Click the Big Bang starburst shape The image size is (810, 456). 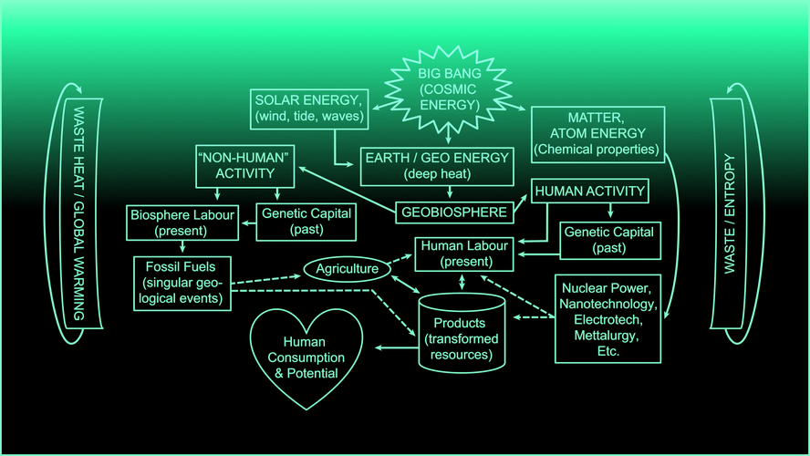[x=449, y=89]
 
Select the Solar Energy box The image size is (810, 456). [x=309, y=109]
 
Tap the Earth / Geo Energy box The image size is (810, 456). [x=437, y=166]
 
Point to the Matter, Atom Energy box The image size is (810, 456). [x=597, y=134]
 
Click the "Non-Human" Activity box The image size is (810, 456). [x=244, y=166]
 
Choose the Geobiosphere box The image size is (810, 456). [x=454, y=212]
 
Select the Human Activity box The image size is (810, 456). [x=590, y=192]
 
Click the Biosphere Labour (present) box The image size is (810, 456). [x=182, y=223]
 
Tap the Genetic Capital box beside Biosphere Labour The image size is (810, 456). [x=306, y=222]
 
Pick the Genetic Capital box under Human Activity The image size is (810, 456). [x=610, y=240]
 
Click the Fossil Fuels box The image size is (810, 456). [x=182, y=283]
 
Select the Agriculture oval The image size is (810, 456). [x=347, y=269]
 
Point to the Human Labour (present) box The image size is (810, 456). [x=464, y=254]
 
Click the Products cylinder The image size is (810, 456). [x=462, y=333]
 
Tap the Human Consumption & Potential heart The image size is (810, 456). [x=306, y=358]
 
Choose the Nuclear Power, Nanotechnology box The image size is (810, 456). [x=608, y=319]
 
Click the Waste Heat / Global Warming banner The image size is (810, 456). [x=79, y=213]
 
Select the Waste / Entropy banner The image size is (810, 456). [x=730, y=213]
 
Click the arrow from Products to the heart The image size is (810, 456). [x=396, y=347]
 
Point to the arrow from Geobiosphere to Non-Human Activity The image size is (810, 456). [x=348, y=190]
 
